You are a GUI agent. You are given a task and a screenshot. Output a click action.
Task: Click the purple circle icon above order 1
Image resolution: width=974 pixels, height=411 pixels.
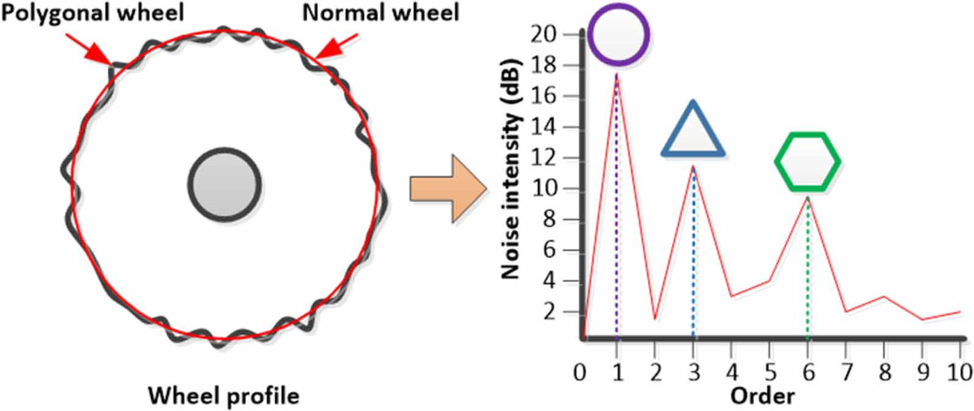[x=618, y=34]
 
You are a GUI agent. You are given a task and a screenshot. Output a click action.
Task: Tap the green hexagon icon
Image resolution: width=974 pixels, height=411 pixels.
[x=807, y=162]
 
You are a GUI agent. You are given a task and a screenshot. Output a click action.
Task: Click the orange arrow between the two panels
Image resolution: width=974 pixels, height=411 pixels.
[x=448, y=188]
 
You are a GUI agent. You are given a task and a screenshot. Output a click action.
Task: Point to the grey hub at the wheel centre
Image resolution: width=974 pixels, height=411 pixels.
[x=224, y=183]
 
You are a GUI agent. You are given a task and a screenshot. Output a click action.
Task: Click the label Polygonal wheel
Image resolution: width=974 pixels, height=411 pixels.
[x=92, y=12]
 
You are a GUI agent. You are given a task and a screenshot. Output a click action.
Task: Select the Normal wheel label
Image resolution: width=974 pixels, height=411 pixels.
[x=380, y=12]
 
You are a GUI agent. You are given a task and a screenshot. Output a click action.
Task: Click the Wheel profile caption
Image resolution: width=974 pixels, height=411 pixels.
[x=223, y=396]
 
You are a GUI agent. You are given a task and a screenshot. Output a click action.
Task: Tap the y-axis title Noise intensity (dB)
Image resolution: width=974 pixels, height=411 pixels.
[x=511, y=169]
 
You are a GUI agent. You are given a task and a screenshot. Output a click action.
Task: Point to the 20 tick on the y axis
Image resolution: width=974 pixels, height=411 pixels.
[x=543, y=34]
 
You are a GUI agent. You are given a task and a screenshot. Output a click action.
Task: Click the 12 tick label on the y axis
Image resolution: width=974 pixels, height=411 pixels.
[x=543, y=158]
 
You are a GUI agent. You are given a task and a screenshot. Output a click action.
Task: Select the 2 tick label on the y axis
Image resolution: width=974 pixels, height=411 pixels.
[x=550, y=312]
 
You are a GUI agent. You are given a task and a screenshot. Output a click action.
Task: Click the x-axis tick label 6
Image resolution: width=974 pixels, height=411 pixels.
[x=808, y=372]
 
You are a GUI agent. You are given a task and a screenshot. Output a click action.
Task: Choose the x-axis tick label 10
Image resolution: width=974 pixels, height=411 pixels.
[x=959, y=372]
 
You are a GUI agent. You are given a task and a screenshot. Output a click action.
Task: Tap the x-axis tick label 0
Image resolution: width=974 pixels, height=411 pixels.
[x=580, y=372]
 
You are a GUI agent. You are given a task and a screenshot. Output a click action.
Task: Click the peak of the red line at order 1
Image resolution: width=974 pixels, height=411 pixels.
[x=617, y=74]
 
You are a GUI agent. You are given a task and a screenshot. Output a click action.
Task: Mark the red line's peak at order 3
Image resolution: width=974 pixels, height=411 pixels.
[x=693, y=166]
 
